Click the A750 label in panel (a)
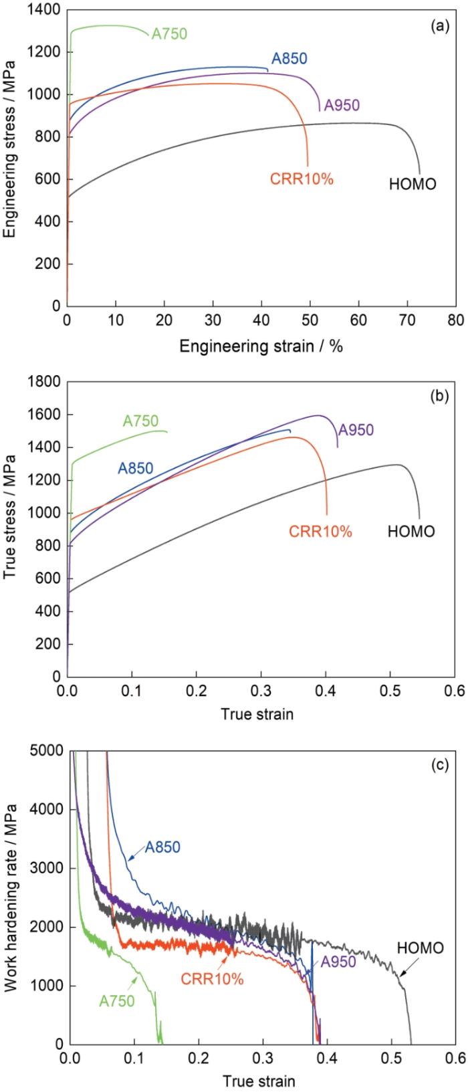click(169, 33)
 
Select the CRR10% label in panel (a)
click(302, 179)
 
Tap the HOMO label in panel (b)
click(411, 532)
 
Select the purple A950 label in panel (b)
click(356, 430)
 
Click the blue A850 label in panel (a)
click(289, 58)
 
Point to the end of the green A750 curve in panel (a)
click(148, 37)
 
